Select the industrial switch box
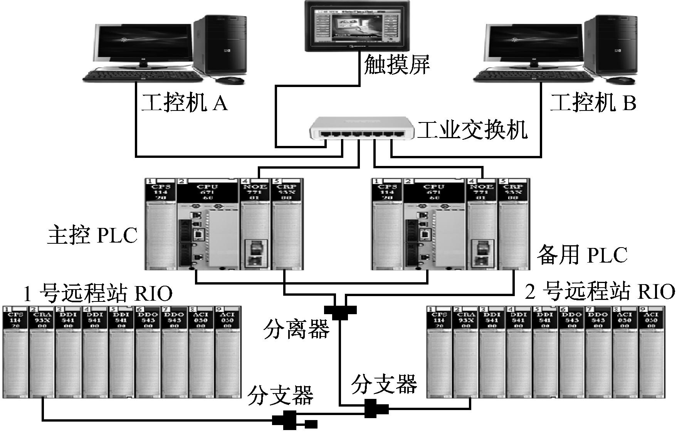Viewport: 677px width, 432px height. (362, 129)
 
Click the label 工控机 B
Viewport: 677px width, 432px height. (593, 103)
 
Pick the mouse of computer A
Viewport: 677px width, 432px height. (230, 80)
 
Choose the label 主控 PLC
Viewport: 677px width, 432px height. (92, 235)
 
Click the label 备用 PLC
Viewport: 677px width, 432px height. (582, 255)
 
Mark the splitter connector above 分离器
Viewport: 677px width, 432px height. (340, 311)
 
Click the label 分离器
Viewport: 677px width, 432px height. (297, 330)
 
